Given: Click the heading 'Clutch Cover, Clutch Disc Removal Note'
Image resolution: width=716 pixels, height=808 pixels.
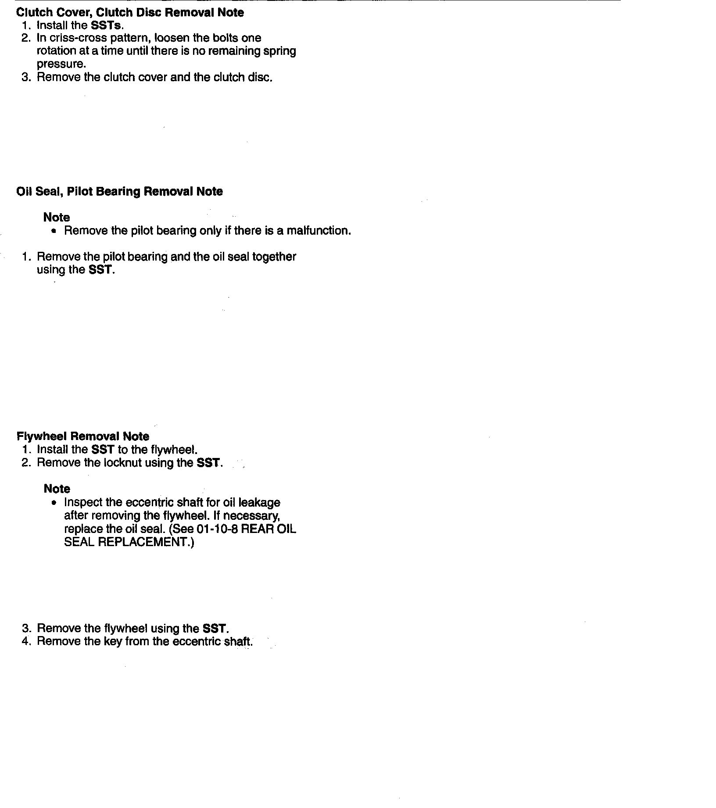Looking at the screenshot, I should click(130, 12).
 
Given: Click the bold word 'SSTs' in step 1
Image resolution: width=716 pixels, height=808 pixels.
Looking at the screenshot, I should click(107, 25).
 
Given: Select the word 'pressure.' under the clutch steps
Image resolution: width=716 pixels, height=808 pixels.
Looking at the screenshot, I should click(61, 64).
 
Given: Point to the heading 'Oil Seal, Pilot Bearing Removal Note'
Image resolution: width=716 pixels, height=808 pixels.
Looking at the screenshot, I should click(119, 192).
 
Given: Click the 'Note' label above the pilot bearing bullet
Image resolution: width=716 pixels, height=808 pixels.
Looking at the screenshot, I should click(57, 218).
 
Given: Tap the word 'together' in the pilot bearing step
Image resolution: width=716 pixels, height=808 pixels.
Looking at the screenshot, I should click(274, 257).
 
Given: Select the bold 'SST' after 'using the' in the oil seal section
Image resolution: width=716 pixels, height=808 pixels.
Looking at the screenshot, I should click(100, 270).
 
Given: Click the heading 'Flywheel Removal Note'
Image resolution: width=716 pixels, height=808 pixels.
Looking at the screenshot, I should click(83, 436).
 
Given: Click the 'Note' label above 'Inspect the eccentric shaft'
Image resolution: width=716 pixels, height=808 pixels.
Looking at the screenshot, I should click(57, 489).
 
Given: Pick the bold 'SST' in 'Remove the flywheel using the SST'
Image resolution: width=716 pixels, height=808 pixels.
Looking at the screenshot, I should click(215, 629).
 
